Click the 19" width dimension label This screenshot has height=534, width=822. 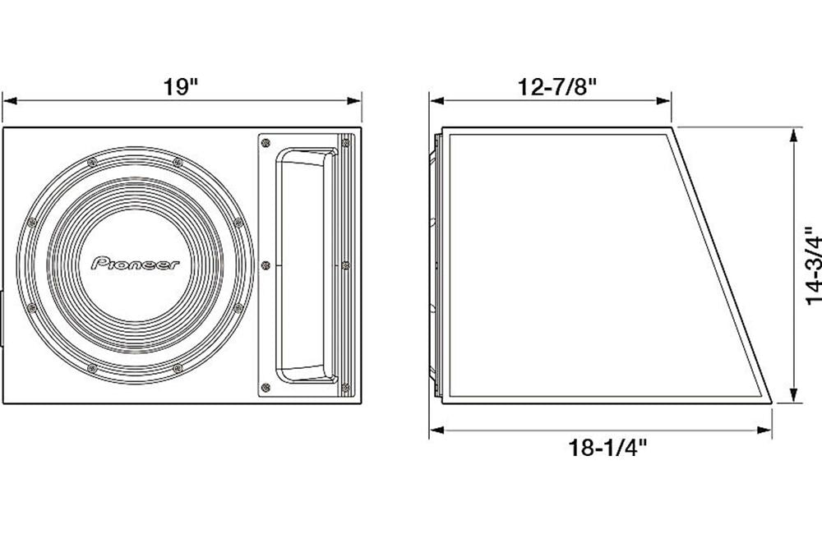click(x=182, y=88)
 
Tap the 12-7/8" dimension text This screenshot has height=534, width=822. click(x=556, y=88)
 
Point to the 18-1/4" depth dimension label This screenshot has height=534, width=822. click(x=608, y=448)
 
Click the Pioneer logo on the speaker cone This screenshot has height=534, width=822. click(x=139, y=264)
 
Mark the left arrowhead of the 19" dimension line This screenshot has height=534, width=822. click(x=9, y=102)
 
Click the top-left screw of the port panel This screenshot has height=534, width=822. click(x=265, y=144)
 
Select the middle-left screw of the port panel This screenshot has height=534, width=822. click(x=265, y=265)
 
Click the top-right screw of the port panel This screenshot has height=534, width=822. click(x=345, y=144)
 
